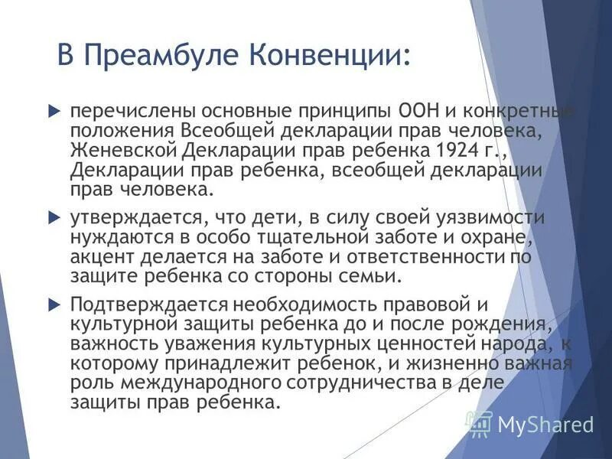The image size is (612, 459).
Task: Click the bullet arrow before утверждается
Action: coord(54,218)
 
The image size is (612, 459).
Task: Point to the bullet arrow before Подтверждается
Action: coord(54,304)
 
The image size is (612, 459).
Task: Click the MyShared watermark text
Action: coord(545,424)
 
